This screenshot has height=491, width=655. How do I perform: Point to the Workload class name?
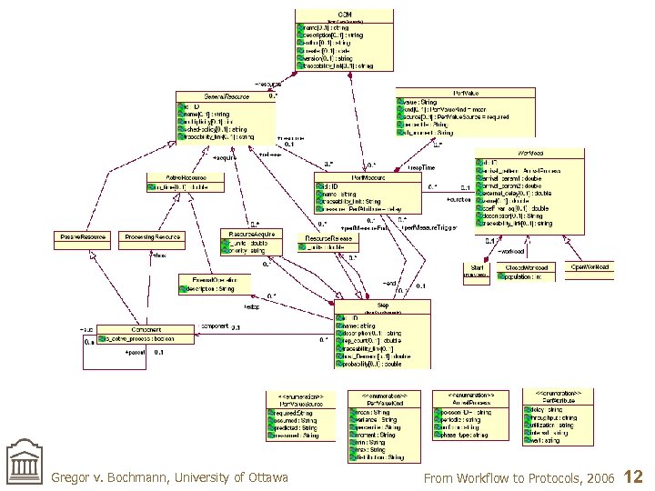[x=531, y=153]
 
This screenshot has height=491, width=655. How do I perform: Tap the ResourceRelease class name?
[x=329, y=237]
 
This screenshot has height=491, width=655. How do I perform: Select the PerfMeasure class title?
[x=368, y=177]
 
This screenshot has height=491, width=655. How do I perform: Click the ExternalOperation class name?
[x=209, y=279]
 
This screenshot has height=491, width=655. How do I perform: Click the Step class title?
[x=382, y=306]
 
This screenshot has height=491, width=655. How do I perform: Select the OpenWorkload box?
[x=589, y=266]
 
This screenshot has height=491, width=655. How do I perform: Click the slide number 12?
[x=635, y=476]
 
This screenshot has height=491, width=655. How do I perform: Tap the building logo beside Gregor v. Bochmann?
[x=25, y=465]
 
